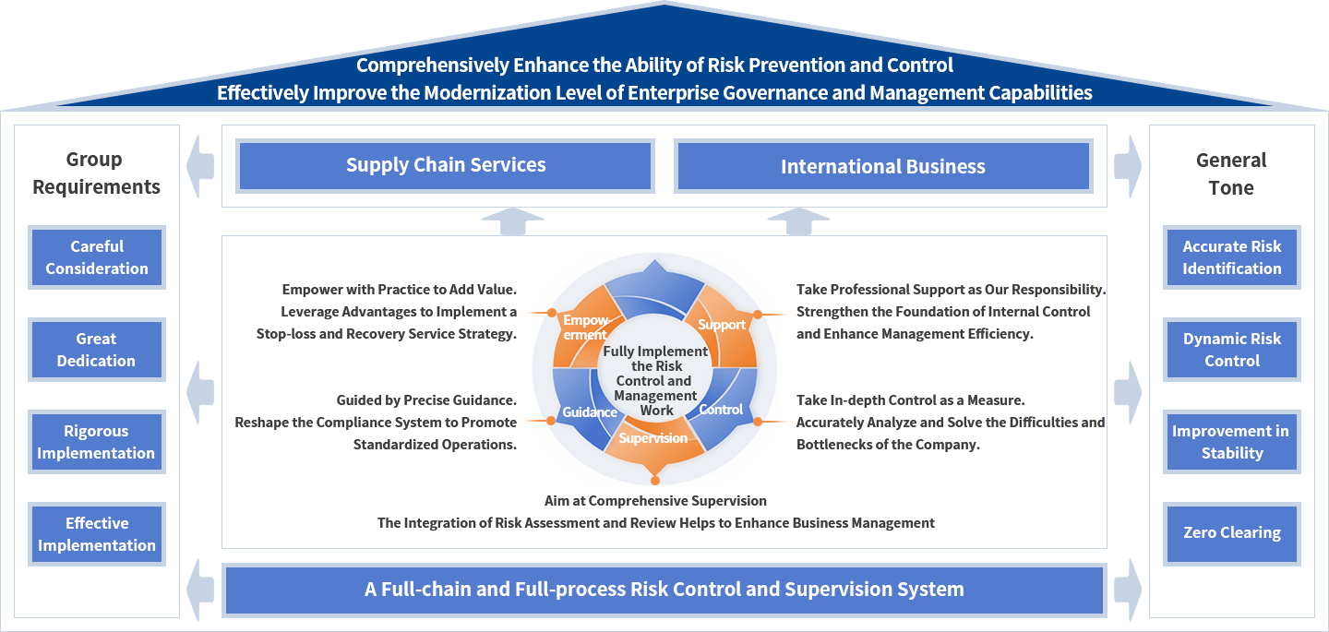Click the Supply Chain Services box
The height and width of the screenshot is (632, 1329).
click(x=445, y=166)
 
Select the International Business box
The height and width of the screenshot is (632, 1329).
click(x=883, y=166)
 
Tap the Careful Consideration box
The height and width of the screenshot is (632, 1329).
click(x=97, y=257)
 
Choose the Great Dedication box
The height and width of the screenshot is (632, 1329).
click(x=97, y=350)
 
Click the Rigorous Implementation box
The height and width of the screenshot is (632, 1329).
click(x=97, y=442)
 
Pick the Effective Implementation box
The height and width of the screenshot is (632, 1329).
click(x=97, y=534)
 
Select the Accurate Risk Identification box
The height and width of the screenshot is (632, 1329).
click(x=1232, y=257)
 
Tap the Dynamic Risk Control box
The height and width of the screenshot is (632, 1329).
click(x=1232, y=350)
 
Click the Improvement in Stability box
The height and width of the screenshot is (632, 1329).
click(x=1232, y=442)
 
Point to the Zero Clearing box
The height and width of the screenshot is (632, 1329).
click(x=1232, y=534)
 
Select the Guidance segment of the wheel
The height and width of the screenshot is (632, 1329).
click(x=589, y=411)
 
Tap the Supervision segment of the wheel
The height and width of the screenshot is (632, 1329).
click(x=653, y=438)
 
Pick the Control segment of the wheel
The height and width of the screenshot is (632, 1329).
click(x=721, y=409)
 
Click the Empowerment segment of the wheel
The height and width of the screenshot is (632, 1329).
click(x=585, y=327)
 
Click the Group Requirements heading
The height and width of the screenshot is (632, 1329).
click(x=97, y=173)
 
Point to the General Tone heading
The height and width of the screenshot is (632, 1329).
click(x=1232, y=173)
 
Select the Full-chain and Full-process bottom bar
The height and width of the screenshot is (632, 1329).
click(x=664, y=590)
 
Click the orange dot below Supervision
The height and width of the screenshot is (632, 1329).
click(x=654, y=479)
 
